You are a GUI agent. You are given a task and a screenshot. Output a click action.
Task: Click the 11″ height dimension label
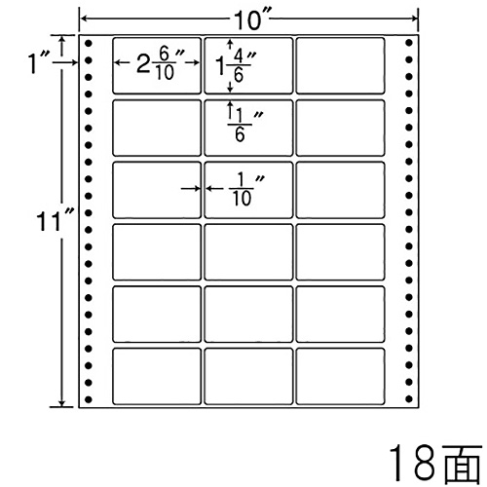tap(55, 221)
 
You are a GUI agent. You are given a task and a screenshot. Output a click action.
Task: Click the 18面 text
tap(434, 465)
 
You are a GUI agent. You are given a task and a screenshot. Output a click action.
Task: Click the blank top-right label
tap(340, 65)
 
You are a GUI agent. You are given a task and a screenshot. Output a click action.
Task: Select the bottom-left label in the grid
tap(157, 376)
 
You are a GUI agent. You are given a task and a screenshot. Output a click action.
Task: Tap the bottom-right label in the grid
tap(340, 376)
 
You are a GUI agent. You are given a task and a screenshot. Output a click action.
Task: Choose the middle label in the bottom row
tap(248, 376)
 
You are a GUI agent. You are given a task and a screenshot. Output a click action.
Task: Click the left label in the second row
tap(157, 128)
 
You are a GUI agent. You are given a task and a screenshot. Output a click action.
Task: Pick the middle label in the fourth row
tap(248, 252)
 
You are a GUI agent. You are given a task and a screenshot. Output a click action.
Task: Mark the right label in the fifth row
tap(340, 315)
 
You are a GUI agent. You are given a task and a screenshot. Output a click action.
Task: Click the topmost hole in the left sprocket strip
tap(89, 43)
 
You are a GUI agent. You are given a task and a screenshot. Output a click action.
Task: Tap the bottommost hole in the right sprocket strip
tap(409, 398)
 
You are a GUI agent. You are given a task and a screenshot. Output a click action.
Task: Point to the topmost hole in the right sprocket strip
tap(409, 43)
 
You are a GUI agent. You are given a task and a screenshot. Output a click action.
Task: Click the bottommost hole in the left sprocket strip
tap(89, 399)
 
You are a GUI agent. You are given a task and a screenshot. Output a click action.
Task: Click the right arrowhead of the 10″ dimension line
tap(415, 19)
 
